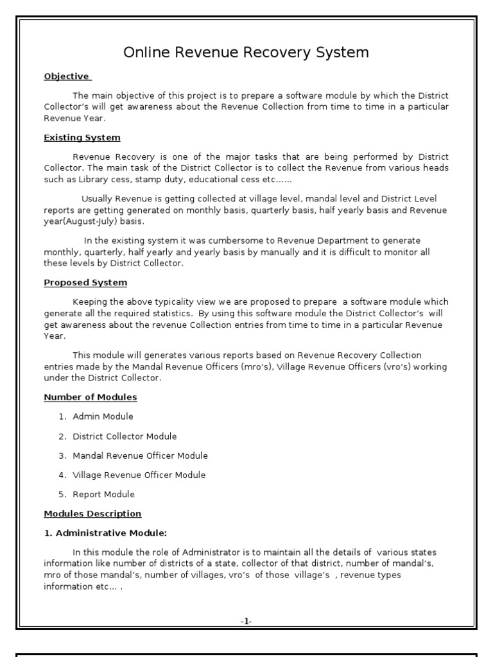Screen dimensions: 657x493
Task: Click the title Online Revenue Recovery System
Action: click(246, 53)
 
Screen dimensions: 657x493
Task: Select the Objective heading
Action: click(67, 76)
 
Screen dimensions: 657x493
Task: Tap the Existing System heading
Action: click(82, 137)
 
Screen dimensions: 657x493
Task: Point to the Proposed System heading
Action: click(85, 282)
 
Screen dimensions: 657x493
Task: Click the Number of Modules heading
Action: click(90, 397)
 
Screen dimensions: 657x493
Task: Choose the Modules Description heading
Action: click(92, 514)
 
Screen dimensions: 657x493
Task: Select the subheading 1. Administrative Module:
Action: click(105, 533)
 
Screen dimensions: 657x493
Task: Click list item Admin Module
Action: click(103, 416)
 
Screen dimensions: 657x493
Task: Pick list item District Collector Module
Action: click(125, 436)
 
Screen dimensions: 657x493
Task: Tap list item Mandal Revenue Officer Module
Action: click(140, 456)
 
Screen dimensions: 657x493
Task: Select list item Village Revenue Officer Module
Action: click(139, 475)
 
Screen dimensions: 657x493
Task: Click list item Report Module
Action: click(103, 494)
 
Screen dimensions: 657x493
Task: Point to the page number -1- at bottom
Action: click(246, 621)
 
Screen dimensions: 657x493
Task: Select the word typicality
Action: click(168, 302)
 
